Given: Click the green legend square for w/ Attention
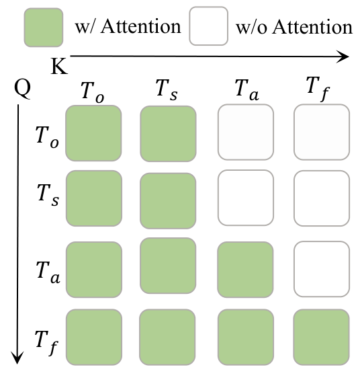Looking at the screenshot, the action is (44, 28).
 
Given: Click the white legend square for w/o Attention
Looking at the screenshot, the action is (208, 26).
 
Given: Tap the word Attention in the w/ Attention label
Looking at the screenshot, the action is (141, 26).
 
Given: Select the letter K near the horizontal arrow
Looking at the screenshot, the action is (59, 66).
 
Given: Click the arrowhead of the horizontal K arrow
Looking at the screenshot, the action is (343, 56).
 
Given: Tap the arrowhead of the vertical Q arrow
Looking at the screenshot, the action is (17, 358).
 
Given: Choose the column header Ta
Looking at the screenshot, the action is (246, 90).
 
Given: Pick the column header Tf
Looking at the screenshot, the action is (318, 89).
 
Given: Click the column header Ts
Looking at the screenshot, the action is (167, 89).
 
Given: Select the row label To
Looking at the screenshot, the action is (47, 137).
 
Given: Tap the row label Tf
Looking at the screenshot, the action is (47, 343).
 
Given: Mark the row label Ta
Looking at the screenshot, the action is (48, 272).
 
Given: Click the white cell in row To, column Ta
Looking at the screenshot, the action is (246, 132).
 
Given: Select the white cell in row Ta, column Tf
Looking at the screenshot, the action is (322, 269).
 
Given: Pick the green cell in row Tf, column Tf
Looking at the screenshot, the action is (321, 337).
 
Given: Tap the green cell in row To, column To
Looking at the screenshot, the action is (93, 133).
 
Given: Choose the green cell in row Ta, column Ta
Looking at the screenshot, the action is (245, 270).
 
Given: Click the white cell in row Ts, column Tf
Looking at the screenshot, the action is (322, 198).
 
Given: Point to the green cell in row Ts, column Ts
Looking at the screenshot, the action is (168, 201).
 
